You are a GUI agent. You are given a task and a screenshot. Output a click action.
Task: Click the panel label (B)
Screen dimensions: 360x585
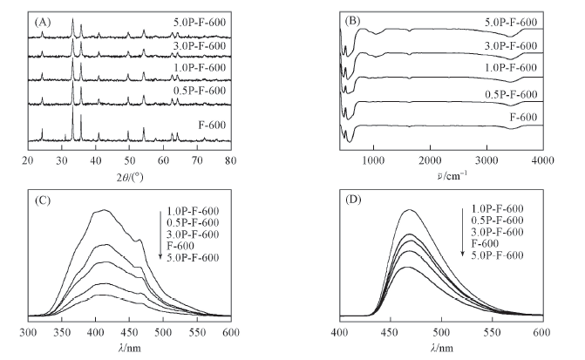[355, 15]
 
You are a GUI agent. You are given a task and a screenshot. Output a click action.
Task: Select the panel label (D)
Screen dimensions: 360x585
[355, 199]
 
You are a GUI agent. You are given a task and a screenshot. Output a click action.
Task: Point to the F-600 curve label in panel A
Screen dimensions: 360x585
[212, 125]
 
